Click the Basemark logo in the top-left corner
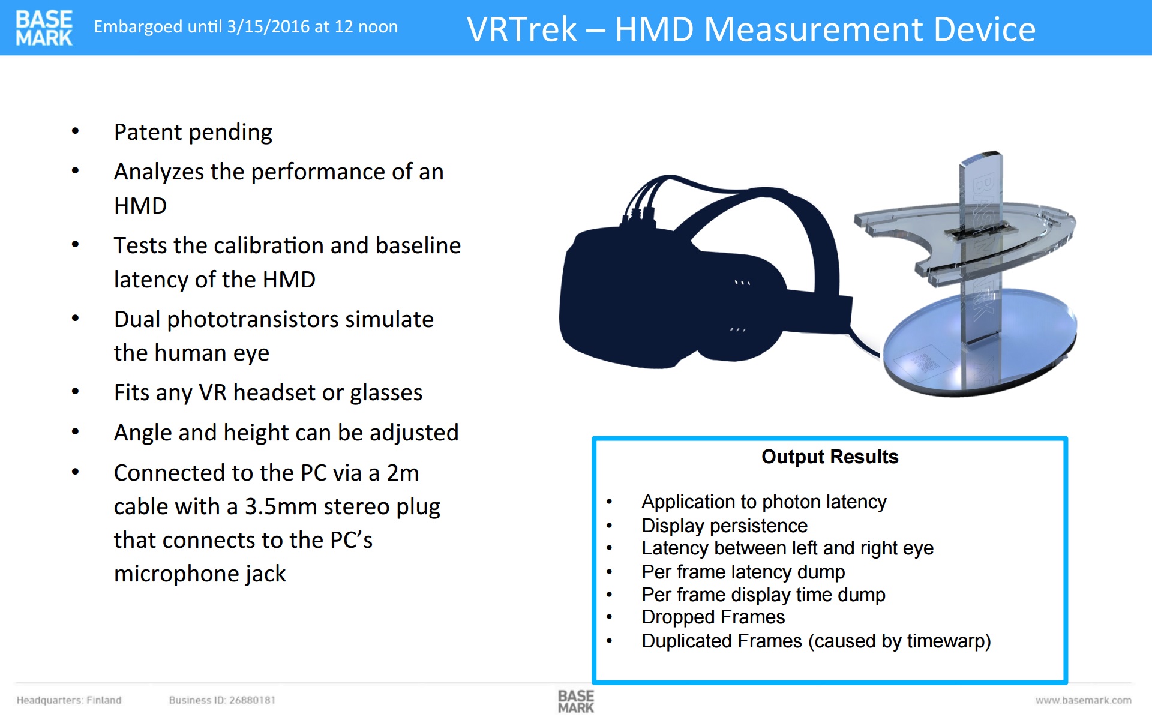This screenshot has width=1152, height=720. [x=44, y=28]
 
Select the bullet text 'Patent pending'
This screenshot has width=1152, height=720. [x=193, y=133]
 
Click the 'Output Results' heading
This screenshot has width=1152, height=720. [x=830, y=457]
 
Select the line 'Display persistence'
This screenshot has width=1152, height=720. [x=724, y=526]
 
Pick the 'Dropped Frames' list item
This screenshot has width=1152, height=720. [x=713, y=617]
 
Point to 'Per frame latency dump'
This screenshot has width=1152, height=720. [x=743, y=572]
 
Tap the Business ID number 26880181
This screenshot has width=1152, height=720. [x=252, y=700]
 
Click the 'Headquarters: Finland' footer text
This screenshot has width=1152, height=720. [x=69, y=700]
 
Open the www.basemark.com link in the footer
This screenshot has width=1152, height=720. [x=1083, y=700]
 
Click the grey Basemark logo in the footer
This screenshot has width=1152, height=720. [x=575, y=701]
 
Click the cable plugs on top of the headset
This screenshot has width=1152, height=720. [x=638, y=212]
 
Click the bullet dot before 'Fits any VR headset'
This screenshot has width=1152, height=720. [x=75, y=392]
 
